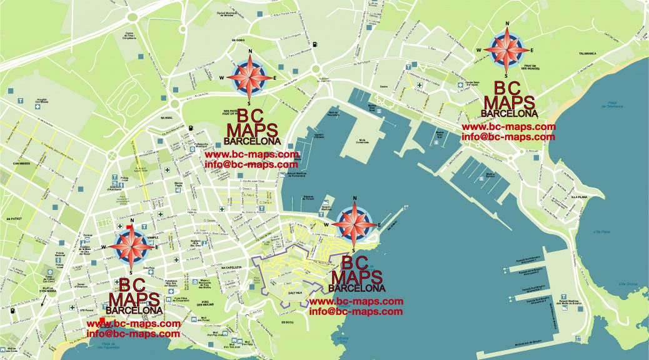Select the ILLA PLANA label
[578, 196]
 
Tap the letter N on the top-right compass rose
[508, 26]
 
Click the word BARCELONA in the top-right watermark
[509, 114]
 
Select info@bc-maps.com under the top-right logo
[508, 136]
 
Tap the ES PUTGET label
[14, 219]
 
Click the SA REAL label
[166, 117]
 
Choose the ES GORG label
[238, 40]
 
